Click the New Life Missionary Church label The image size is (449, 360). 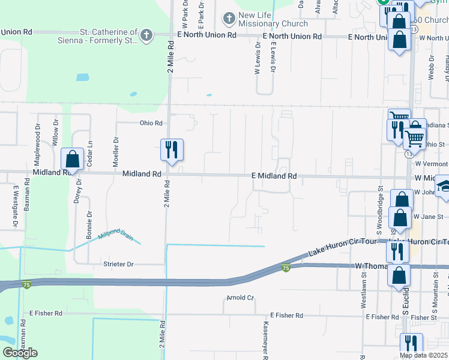point(273,19)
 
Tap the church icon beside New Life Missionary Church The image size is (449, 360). point(229,19)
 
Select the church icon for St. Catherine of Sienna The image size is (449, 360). point(146,35)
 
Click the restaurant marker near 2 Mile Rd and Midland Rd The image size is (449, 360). point(172,149)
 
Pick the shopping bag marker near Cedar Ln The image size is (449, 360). point(72,160)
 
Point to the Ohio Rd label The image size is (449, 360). point(151,124)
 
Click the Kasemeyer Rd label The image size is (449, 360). point(265,339)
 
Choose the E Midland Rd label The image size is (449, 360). point(274,176)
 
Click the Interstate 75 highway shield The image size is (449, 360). point(286,268)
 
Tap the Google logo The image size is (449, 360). point(20,353)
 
